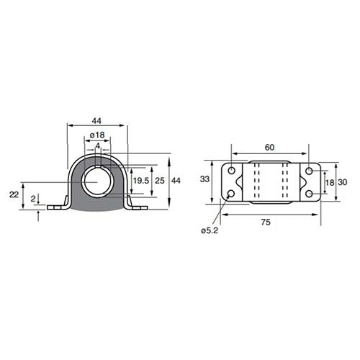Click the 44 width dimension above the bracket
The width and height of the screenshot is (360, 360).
96,120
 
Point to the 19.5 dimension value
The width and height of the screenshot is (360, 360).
141,181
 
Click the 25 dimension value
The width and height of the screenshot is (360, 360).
160,181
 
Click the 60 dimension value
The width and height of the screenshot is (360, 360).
269,148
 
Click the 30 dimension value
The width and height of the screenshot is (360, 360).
343,182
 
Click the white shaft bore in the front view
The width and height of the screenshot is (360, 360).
96,181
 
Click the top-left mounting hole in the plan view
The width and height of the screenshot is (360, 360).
231,171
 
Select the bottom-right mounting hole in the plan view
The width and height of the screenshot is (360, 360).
308,194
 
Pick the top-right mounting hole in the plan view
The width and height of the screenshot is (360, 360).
308,171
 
